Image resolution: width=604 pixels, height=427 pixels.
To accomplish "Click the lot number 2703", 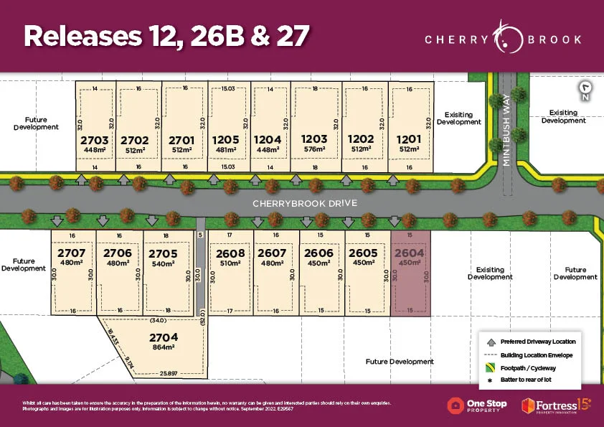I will click(x=95, y=140).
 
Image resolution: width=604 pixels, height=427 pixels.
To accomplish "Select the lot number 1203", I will click(x=313, y=139).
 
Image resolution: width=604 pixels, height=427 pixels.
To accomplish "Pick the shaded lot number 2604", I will click(x=409, y=253).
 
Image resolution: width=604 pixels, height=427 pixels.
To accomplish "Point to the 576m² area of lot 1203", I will click(x=313, y=150).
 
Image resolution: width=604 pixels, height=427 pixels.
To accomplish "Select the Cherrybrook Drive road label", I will click(x=304, y=203).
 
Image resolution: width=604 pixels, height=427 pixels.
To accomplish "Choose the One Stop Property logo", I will click(x=477, y=405).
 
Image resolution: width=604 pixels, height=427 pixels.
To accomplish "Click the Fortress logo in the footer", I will click(x=556, y=405).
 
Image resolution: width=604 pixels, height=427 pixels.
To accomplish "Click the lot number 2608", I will click(x=230, y=253).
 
